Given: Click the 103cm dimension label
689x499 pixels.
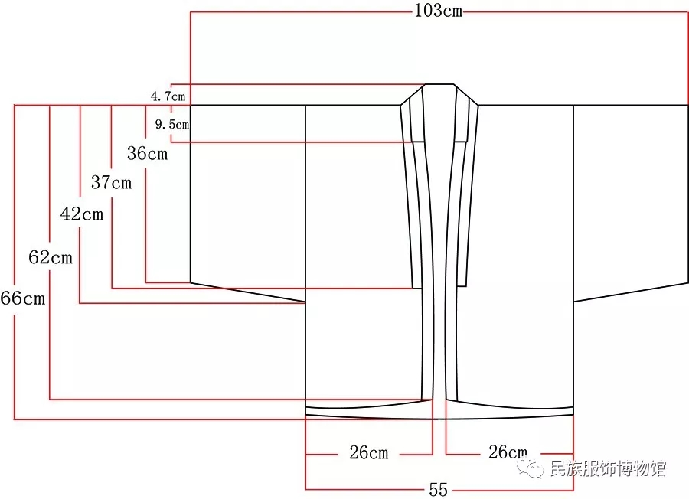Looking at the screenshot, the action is coord(439,10).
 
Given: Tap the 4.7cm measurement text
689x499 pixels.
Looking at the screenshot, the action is coord(168,96).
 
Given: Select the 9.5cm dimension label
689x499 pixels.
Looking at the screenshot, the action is coord(172,124).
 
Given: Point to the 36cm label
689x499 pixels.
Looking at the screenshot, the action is coord(147,153).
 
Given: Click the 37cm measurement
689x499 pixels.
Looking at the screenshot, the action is coord(111,182).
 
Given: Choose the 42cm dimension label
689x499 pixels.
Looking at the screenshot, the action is coord(82,214).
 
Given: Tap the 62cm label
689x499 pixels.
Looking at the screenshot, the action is coord(51,257).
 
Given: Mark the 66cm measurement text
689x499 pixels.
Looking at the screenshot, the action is coord(23,298).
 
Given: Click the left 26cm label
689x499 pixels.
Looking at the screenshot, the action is coord(369,452).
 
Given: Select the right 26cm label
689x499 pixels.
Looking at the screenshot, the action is coord(508,452).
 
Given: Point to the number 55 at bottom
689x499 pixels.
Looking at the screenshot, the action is coord(438,489).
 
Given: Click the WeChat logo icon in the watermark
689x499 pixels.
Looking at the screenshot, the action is coord(531,468).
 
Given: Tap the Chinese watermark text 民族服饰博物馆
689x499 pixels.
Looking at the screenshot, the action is coord(608,468).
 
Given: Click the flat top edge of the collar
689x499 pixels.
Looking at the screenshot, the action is coord(439,84).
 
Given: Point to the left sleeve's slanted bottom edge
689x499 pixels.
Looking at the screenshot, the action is coord(248,292).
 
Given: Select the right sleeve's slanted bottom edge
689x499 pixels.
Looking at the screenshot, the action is coord(631,292).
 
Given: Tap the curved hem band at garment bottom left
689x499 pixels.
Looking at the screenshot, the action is coord(369,409).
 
